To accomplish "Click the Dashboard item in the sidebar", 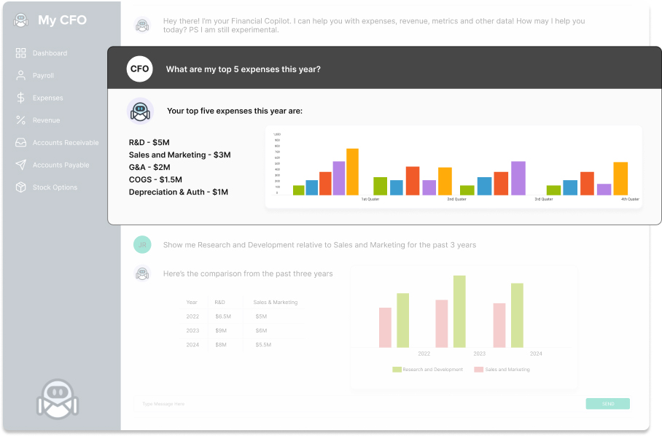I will point(49,53).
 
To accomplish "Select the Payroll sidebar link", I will point(43,76).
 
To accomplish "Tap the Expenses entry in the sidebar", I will point(47,98).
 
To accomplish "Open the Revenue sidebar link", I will point(46,120).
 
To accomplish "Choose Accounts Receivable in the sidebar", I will point(65,143).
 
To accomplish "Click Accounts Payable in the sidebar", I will point(61,166).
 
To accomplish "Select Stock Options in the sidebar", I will point(55,187).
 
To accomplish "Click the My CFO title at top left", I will point(62,20).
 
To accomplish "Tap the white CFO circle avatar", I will point(139,69).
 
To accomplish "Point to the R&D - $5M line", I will point(149,142).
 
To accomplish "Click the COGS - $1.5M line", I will point(155,179).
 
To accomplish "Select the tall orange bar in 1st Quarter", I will point(352,172).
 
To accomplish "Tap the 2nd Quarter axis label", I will point(456,199).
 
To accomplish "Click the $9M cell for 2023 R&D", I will point(220,330).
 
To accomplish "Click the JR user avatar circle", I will point(142,245).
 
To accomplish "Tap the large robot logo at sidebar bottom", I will point(57,398).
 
